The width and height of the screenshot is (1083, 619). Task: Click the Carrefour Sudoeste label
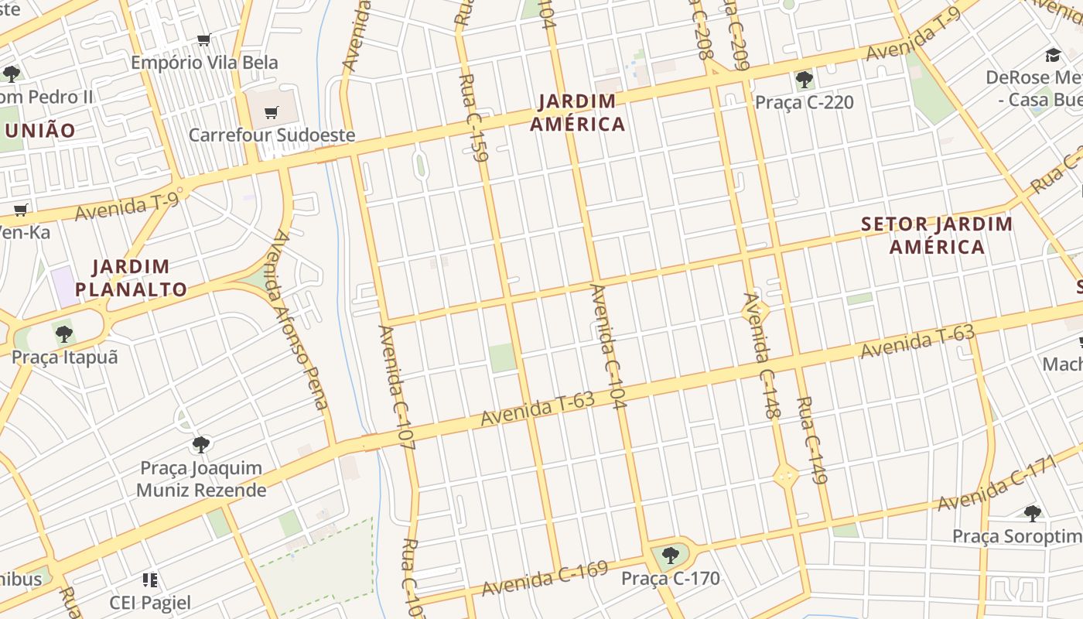point(272,135)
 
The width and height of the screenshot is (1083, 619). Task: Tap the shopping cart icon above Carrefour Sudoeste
point(271,113)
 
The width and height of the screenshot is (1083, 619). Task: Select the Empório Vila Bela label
point(204,63)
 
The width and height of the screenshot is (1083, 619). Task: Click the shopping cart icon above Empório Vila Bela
point(204,39)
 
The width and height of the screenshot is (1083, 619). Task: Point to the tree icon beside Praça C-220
point(804,79)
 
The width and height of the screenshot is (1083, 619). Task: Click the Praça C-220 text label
point(804,102)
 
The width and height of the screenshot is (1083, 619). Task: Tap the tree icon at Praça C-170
point(670,555)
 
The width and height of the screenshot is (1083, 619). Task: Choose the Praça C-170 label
point(670,578)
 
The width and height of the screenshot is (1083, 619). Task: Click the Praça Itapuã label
point(64,357)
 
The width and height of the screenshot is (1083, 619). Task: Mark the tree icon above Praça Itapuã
point(64,334)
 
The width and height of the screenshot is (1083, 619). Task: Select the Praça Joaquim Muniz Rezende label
point(201,479)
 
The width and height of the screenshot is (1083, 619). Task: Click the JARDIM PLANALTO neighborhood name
point(131,279)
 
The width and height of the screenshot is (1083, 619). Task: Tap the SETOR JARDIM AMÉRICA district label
point(937,236)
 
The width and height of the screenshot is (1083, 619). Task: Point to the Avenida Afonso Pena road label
point(296,319)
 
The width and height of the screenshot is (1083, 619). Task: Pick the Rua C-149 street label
point(812,439)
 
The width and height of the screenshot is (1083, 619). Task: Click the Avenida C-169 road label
point(545,578)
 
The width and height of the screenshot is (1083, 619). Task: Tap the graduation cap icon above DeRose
point(1053,55)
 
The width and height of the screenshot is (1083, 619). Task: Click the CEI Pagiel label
point(150,602)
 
